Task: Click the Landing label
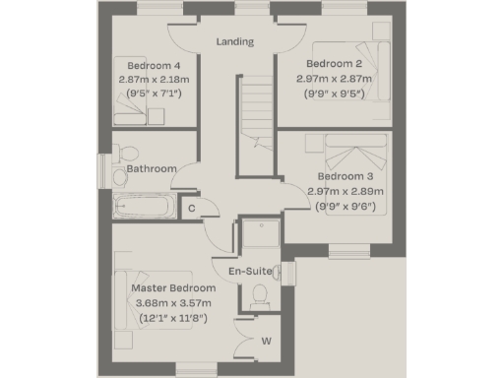[x=235, y=42]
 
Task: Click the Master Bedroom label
[x=172, y=288]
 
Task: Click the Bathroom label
[x=152, y=168]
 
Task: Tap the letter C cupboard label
[x=191, y=207]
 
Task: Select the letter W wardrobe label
[x=267, y=342]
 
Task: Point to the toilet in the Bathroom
[x=121, y=155]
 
